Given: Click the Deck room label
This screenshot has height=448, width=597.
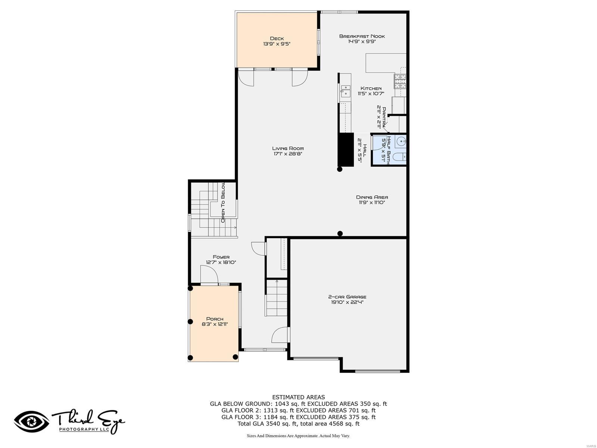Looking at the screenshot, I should tap(277, 38).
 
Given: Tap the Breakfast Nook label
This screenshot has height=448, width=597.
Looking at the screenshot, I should tap(362, 36).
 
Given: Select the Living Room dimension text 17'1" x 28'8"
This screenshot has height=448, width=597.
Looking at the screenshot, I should tap(288, 154).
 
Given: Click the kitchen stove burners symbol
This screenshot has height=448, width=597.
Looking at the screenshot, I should tap(400, 81).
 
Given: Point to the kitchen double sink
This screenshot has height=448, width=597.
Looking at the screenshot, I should tap(345, 91).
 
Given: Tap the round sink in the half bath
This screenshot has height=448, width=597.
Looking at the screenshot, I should tap(401, 141).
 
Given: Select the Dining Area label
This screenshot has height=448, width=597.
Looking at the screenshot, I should tap(372, 197).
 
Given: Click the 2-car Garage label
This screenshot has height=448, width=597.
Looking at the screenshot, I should tap(347, 297).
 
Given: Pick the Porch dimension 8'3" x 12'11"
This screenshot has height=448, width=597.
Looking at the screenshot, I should tap(215, 324).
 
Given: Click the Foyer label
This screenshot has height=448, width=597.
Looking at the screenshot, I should tap(221, 257).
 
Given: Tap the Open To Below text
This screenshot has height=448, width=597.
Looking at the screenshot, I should tap(223, 203).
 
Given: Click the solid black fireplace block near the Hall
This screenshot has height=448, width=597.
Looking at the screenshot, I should tap(346, 149).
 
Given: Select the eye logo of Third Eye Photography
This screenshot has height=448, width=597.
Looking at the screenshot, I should tap(32, 421).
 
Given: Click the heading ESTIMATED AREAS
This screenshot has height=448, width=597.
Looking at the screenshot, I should tap(298, 397).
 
